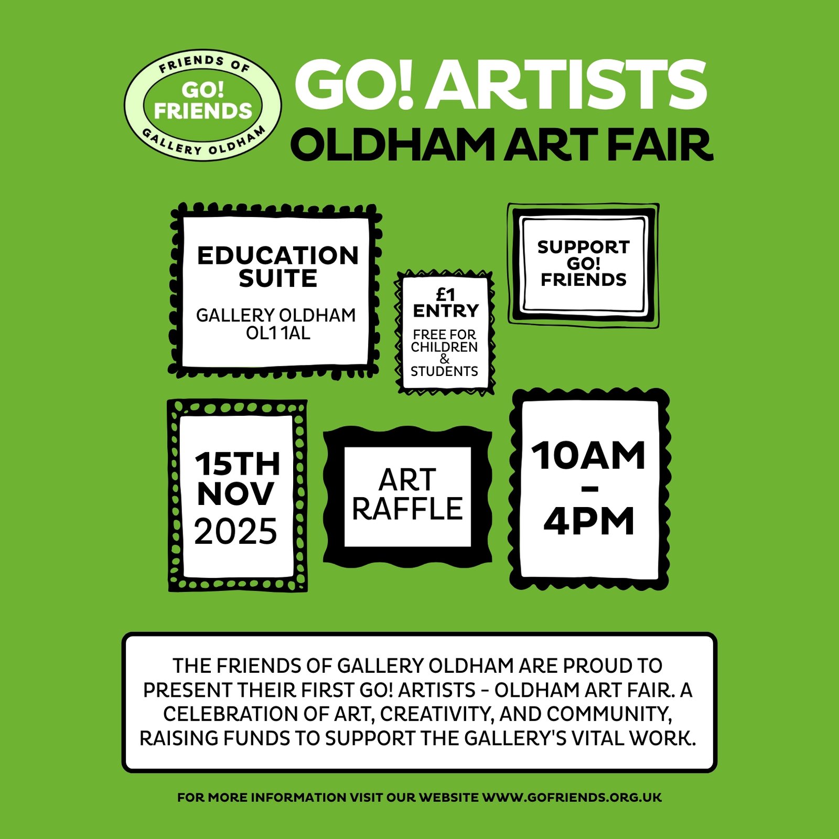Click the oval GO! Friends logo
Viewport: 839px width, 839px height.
pos(202,105)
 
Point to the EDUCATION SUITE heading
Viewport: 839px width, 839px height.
pos(278,267)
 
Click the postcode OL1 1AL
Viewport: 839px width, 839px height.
pos(278,333)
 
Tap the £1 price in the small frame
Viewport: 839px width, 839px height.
pos(446,294)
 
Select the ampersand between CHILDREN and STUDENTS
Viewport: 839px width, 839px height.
pos(445,359)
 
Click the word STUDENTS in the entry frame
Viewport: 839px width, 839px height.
pos(444,371)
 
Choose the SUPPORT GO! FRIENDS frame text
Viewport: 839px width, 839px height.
pos(583,263)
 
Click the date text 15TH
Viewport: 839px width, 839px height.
pos(237,464)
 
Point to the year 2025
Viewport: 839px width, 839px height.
pos(235,531)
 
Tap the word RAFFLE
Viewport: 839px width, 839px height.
pos(407,509)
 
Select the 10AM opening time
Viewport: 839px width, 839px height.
pos(589,456)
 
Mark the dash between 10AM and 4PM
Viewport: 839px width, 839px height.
pos(590,489)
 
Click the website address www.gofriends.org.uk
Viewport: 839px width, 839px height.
pos(572,798)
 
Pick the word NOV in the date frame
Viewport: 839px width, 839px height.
pos(235,494)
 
